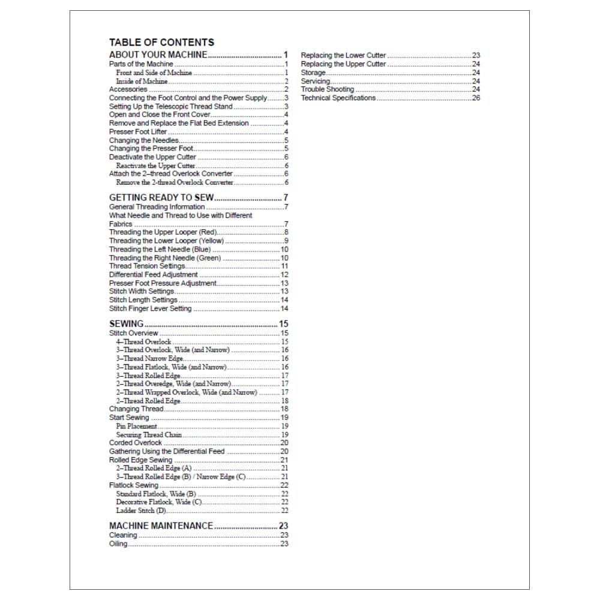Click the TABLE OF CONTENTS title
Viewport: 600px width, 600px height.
click(x=161, y=43)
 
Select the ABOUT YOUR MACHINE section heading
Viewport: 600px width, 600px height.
click(x=158, y=55)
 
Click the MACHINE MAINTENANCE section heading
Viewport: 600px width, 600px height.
click(x=161, y=526)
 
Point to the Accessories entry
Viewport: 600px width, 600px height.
click(x=128, y=89)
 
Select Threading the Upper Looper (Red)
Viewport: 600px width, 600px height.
click(x=163, y=232)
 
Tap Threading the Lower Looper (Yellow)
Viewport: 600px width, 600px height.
click(x=166, y=241)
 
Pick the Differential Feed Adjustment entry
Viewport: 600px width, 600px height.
click(x=153, y=275)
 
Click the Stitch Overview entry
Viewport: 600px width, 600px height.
click(x=134, y=333)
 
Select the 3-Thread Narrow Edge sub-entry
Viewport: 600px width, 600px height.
click(x=149, y=358)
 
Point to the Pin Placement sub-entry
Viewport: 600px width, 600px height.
click(x=136, y=426)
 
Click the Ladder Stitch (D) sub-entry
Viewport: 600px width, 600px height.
click(x=140, y=511)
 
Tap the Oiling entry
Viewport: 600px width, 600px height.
click(x=118, y=544)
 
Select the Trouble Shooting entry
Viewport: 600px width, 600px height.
click(x=328, y=89)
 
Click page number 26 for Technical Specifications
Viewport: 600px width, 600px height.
click(x=476, y=98)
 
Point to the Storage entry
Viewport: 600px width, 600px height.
click(x=313, y=73)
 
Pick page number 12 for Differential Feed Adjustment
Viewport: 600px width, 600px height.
click(x=284, y=275)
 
